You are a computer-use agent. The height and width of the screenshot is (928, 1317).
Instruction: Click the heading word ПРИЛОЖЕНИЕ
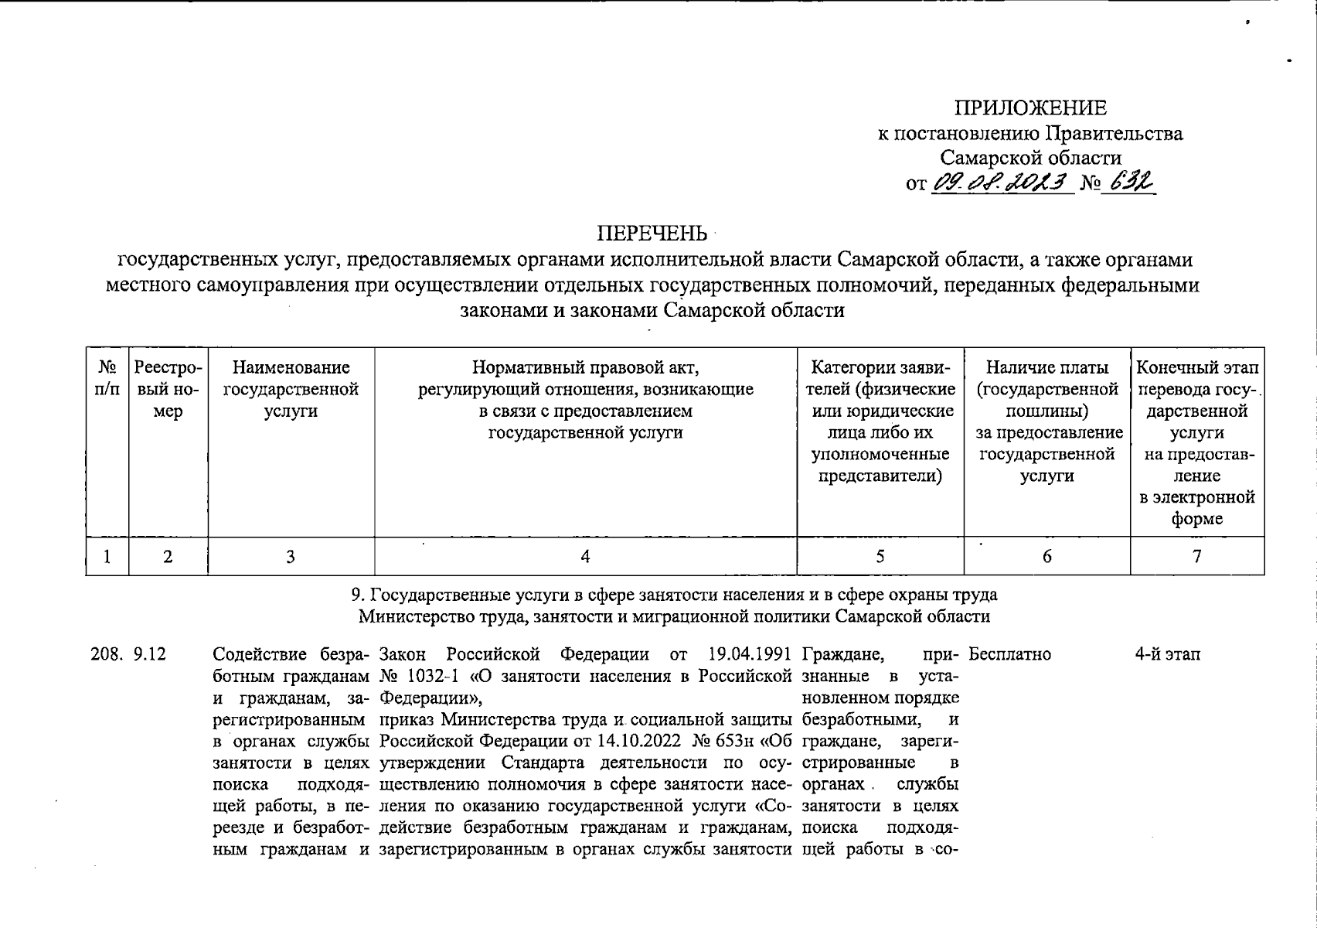point(1029,107)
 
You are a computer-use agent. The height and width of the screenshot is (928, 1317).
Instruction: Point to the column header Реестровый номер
point(168,389)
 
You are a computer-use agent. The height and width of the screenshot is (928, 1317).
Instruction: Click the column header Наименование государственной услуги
point(291,389)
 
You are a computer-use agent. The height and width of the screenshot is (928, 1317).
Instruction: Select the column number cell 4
point(585,556)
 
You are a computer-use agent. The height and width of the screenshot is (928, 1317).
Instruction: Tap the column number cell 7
point(1196,556)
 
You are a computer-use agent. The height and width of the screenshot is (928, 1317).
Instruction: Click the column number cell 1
point(107,556)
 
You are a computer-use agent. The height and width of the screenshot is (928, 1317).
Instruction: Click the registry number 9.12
point(150,654)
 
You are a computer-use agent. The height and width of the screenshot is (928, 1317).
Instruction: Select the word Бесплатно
point(1009,654)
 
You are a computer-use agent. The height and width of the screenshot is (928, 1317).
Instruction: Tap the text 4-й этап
point(1167,654)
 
